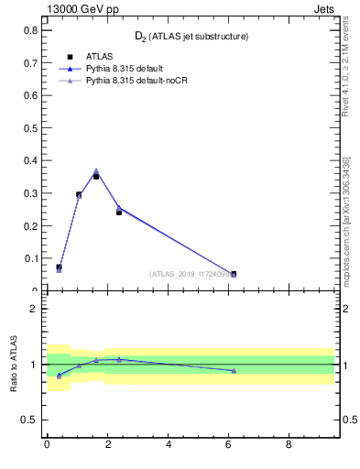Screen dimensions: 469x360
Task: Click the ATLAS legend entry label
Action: pyautogui.click(x=100, y=57)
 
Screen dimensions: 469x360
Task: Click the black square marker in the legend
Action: pyautogui.click(x=71, y=57)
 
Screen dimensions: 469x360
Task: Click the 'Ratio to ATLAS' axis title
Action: pyautogui.click(x=14, y=365)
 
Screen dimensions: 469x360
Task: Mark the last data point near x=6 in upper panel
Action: pyautogui.click(x=234, y=274)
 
